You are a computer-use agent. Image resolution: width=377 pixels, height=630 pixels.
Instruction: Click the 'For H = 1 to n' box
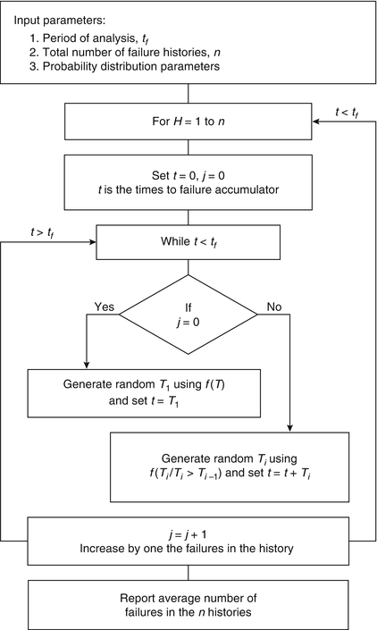(x=188, y=121)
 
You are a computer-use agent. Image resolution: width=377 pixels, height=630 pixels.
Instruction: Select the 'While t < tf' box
(x=188, y=240)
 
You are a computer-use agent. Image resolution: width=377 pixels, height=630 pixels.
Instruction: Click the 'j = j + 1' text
(x=188, y=533)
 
